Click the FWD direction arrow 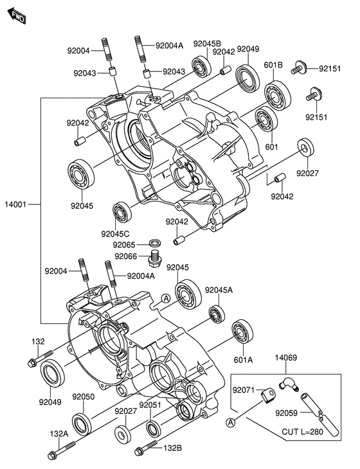[17, 16]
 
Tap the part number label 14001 [15, 204]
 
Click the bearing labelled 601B [278, 95]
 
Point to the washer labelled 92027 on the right [306, 146]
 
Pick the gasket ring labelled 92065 [154, 242]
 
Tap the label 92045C [115, 234]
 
